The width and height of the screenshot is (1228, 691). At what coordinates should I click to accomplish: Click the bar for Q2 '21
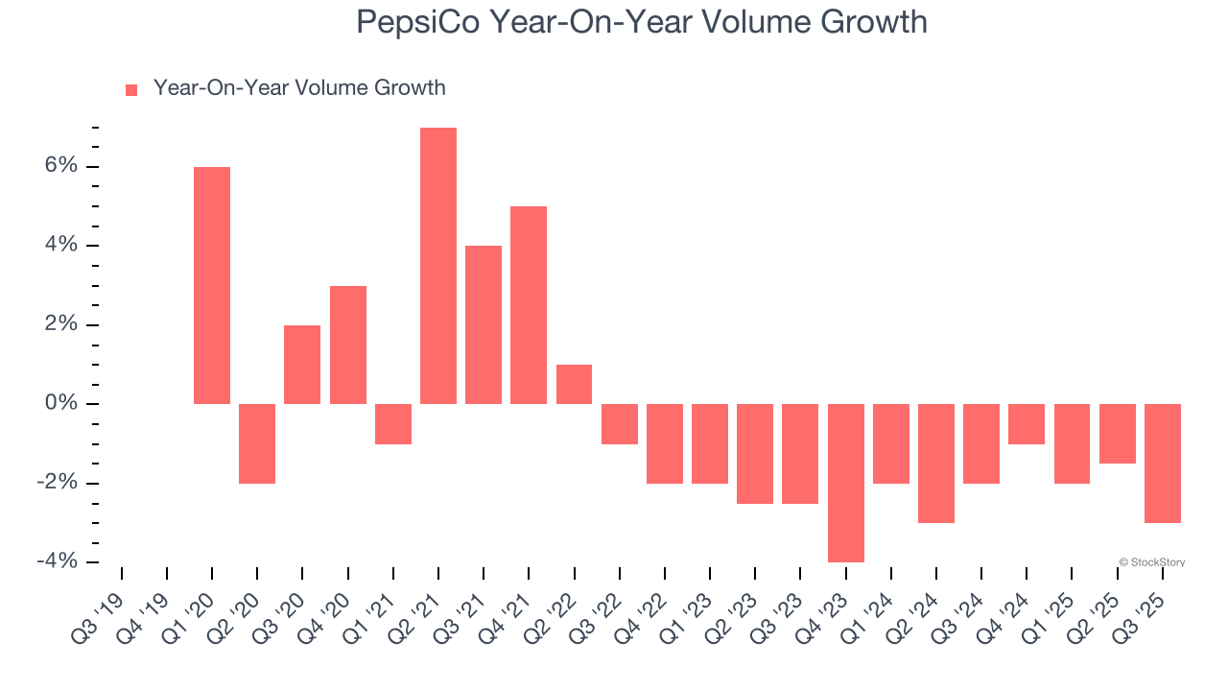coord(438,266)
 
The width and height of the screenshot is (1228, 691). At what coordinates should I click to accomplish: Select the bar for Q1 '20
coord(212,285)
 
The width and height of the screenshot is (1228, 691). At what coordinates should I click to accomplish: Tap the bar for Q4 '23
coord(846,483)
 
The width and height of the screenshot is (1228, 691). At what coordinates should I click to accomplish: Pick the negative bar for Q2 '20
coord(257,443)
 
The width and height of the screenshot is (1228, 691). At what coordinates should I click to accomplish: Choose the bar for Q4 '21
coord(529,305)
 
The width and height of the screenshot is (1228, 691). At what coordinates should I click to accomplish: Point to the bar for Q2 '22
coord(574,384)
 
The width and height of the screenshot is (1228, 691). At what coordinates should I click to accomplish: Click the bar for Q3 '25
coord(1163,463)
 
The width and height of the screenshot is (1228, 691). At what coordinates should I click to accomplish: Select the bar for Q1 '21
coord(393,423)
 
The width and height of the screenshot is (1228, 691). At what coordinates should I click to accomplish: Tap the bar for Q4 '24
coord(1027,423)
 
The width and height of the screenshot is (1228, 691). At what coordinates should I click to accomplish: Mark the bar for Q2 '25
coord(1118,434)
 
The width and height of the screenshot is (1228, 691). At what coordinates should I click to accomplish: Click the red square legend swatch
coord(131,90)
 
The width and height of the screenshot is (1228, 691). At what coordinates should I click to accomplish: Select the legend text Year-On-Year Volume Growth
coord(299,88)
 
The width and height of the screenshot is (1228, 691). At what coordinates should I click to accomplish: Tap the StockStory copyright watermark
coord(1151,562)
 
